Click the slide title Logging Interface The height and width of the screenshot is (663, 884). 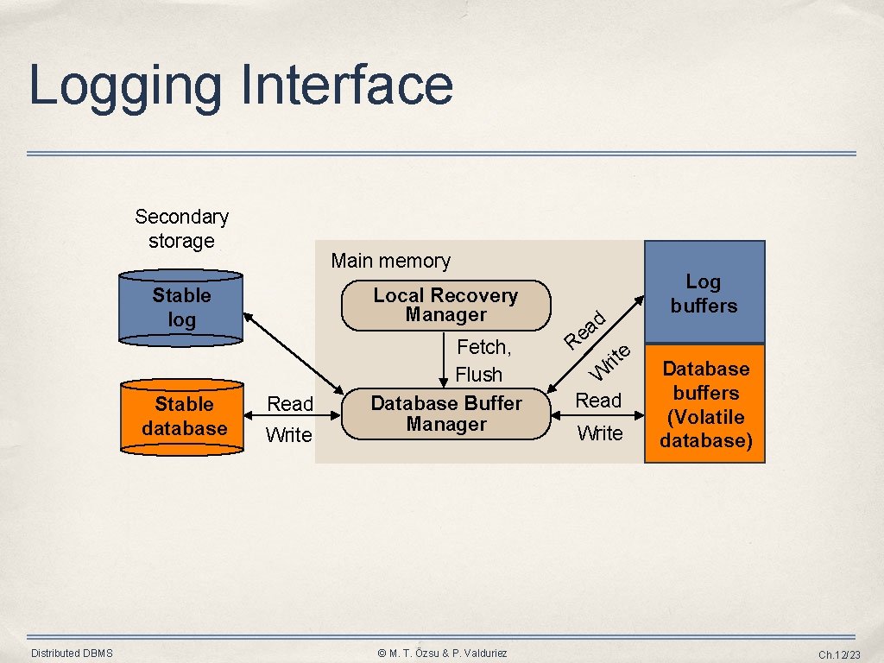coord(241,85)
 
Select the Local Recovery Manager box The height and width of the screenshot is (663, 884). coord(445,306)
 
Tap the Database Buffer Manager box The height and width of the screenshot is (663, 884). coord(445,414)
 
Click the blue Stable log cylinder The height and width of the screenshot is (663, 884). coord(181,308)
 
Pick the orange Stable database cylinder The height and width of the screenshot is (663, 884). coord(184,417)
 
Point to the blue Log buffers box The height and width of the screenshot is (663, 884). coord(704,293)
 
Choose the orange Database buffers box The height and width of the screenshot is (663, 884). coord(705,404)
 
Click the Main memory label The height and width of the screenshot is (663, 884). coord(390,261)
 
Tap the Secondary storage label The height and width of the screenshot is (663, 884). coord(181,229)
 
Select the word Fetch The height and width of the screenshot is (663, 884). coord(483,348)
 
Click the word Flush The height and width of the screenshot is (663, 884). coord(478,375)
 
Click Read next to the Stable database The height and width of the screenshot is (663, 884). coord(290,404)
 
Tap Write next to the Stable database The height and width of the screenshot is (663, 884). coord(289,435)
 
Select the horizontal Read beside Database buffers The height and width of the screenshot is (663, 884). coord(598,401)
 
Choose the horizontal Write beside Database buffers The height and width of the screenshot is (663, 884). coord(600,433)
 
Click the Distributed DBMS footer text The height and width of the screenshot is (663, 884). coord(72,654)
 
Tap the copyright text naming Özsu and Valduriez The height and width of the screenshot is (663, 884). coord(443,654)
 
